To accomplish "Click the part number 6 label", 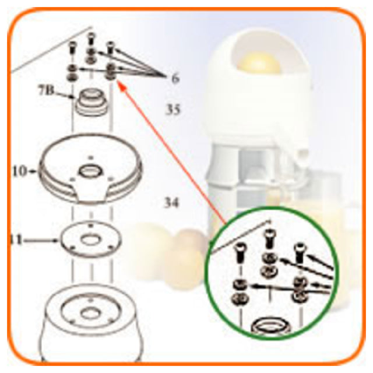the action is [x=175, y=78].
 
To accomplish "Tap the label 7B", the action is [x=47, y=91].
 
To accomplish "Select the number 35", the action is [x=173, y=110].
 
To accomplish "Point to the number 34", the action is [x=171, y=203].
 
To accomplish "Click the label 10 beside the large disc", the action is [x=19, y=171].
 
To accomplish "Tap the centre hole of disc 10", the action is [x=90, y=171].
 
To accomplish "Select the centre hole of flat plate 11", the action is [x=90, y=239].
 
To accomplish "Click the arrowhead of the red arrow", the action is [x=121, y=85].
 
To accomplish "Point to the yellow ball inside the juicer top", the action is [x=258, y=62].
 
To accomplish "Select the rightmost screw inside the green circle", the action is [x=300, y=252].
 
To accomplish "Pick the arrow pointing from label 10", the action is [x=32, y=171].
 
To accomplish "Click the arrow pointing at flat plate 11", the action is [x=41, y=241].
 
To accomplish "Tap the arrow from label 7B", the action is [x=64, y=95].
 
